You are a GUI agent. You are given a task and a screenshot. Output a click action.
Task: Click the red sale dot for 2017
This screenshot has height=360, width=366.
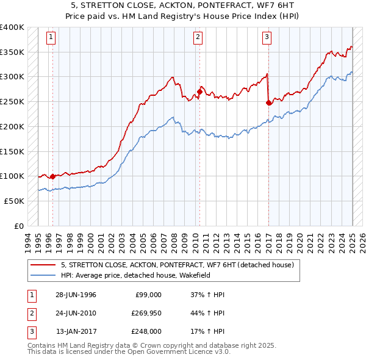[269, 103]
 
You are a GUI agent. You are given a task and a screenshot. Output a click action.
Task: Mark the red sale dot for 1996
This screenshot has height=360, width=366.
[52, 177]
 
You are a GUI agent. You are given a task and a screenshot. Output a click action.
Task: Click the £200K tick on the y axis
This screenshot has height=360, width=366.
[12, 126]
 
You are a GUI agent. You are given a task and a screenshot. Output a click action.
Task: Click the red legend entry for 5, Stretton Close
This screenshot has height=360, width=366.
[178, 265]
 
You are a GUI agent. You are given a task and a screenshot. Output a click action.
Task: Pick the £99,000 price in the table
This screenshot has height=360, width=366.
[148, 295]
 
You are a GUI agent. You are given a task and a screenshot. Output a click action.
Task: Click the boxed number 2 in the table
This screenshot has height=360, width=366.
[30, 313]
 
